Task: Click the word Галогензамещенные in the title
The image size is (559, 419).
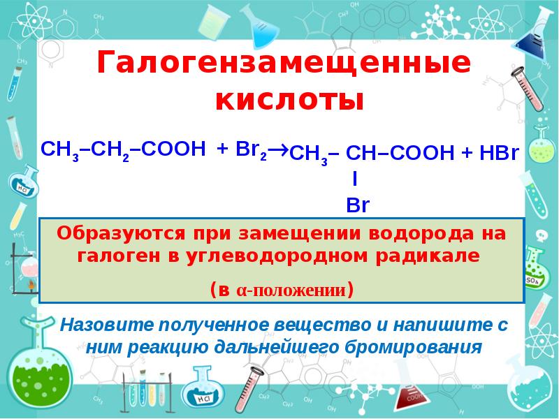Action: pyautogui.click(x=284, y=64)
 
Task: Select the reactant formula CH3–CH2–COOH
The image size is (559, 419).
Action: pyautogui.click(x=123, y=149)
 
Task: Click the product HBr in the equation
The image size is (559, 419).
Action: pyautogui.click(x=498, y=154)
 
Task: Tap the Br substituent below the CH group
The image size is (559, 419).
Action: pyautogui.click(x=357, y=205)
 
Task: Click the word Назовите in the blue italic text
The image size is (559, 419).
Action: pyautogui.click(x=104, y=325)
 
